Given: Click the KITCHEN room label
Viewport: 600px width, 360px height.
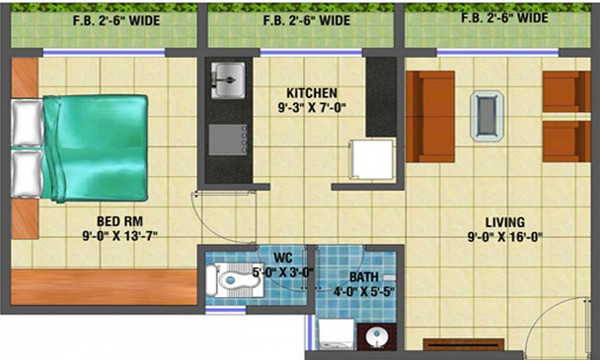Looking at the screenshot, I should pyautogui.click(x=311, y=94).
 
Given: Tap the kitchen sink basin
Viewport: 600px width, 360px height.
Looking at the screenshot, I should pyautogui.click(x=227, y=80).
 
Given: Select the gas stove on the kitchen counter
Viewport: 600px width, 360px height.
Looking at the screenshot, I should pyautogui.click(x=227, y=140).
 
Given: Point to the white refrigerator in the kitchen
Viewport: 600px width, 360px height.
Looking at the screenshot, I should pyautogui.click(x=371, y=159).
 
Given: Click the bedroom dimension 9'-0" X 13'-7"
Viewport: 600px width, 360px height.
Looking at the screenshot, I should pyautogui.click(x=120, y=235).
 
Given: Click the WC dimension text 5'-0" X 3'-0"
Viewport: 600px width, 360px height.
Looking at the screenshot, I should pyautogui.click(x=282, y=273).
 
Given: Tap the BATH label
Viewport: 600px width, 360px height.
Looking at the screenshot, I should pyautogui.click(x=364, y=277).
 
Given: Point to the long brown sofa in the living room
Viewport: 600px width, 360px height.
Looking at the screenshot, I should pyautogui.click(x=430, y=116).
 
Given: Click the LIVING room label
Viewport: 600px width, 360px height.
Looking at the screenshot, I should pyautogui.click(x=505, y=222).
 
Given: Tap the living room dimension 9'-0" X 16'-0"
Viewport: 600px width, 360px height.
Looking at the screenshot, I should pyautogui.click(x=505, y=236).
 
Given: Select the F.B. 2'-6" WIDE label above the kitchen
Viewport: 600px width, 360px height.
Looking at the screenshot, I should pyautogui.click(x=307, y=20).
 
